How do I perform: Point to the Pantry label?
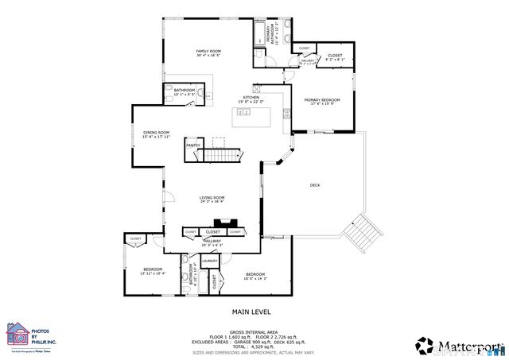[x=192, y=145]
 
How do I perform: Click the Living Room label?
[x=212, y=199]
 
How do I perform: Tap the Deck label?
[x=315, y=185]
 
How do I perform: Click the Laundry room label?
[x=210, y=261]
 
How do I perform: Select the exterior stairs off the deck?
[x=368, y=230]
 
